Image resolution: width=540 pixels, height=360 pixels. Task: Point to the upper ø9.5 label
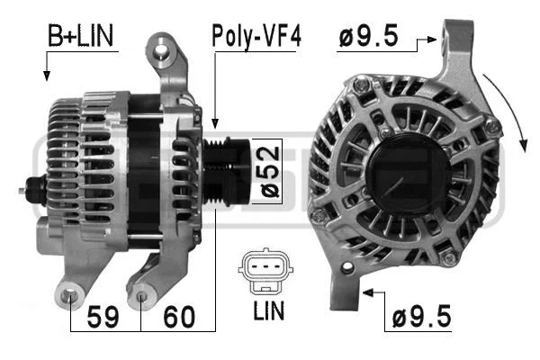[x=370, y=38]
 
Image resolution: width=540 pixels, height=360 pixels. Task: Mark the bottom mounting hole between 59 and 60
[x=141, y=292]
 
